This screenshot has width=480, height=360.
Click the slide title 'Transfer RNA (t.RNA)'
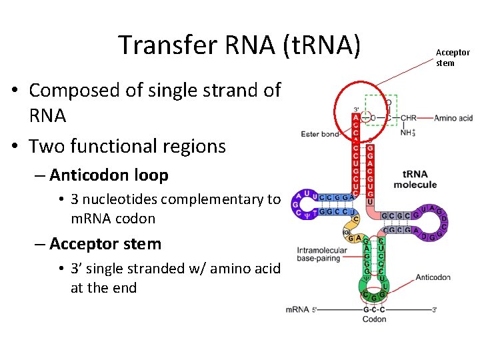(x=239, y=45)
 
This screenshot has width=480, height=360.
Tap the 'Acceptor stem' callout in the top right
(x=453, y=58)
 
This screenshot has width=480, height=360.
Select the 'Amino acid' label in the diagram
(x=455, y=118)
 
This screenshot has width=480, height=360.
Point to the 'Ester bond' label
(x=320, y=134)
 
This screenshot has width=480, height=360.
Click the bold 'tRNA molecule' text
(x=415, y=179)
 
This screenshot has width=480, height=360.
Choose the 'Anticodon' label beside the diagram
(x=433, y=277)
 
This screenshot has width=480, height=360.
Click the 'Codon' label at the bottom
(x=374, y=319)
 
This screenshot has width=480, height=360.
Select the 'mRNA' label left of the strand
(x=297, y=309)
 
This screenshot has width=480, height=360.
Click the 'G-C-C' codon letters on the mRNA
(x=374, y=309)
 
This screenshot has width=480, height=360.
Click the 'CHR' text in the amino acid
(x=408, y=118)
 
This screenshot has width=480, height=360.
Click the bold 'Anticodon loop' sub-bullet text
(x=109, y=175)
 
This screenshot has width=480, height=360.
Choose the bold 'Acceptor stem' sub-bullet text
(x=105, y=244)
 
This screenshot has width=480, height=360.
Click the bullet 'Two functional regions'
(x=127, y=145)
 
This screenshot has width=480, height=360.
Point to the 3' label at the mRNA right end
(x=435, y=310)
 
